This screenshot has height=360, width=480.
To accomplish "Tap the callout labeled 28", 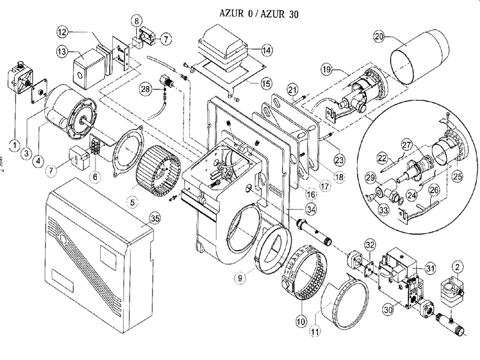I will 145,90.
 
